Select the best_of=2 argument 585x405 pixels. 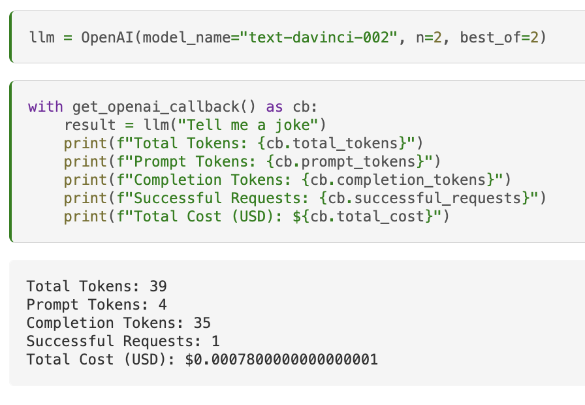[x=499, y=37]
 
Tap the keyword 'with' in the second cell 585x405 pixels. [x=46, y=106]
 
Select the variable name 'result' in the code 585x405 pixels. [x=89, y=125]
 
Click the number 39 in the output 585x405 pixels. [x=158, y=286]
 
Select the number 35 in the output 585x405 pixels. [x=202, y=323]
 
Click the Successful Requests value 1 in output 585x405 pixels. [x=215, y=341]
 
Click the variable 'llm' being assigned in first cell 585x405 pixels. [x=41, y=37]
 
